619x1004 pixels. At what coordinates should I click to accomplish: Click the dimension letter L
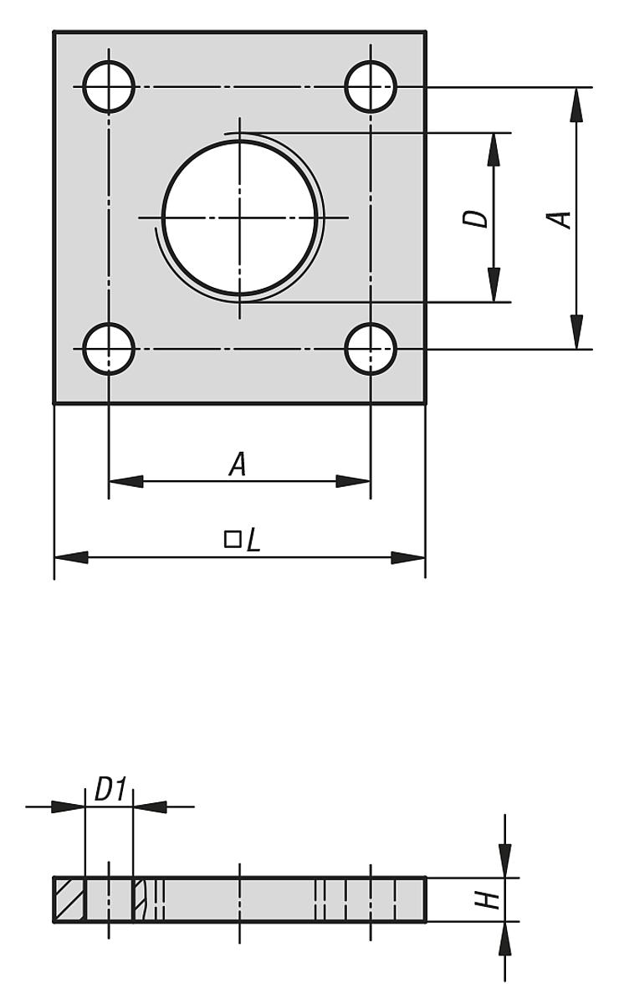coord(253,540)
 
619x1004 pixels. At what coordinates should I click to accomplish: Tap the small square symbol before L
coord(233,539)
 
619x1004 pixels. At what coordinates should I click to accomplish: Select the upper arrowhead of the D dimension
coord(494,150)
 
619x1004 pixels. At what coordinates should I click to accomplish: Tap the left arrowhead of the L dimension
coord(71,558)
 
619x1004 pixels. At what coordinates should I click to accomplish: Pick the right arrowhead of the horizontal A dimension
coord(353,481)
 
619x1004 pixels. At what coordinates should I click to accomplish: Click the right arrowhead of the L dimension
coord(408,558)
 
